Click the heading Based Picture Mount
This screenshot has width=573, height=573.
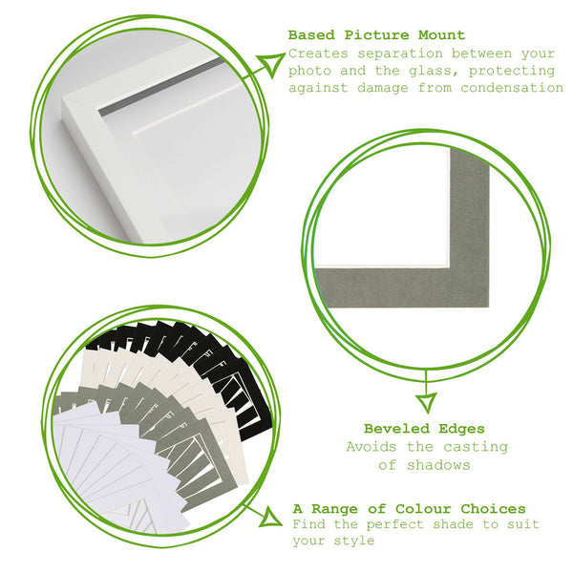click(376, 35)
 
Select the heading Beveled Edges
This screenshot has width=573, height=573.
click(424, 429)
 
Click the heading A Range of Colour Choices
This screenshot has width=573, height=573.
click(409, 508)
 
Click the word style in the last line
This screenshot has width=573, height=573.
click(358, 541)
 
